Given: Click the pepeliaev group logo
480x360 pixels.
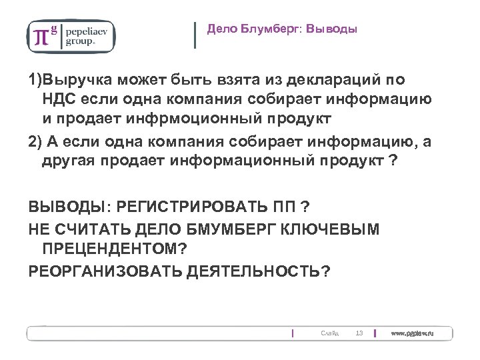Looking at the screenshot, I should click(x=70, y=36).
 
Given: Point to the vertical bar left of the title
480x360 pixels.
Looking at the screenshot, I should click(x=195, y=35).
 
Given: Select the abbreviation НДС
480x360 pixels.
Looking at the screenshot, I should click(x=60, y=99).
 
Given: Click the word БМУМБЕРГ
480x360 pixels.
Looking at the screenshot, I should click(x=229, y=230).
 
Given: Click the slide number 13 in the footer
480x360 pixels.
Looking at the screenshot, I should click(x=359, y=333).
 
